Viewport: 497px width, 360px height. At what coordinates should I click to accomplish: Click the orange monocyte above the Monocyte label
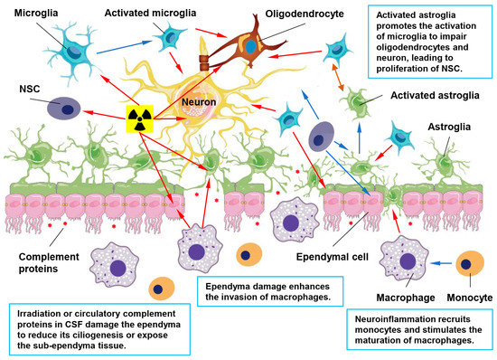[x=468, y=263]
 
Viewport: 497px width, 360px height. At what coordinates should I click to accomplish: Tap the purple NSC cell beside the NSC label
[x=67, y=107]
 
